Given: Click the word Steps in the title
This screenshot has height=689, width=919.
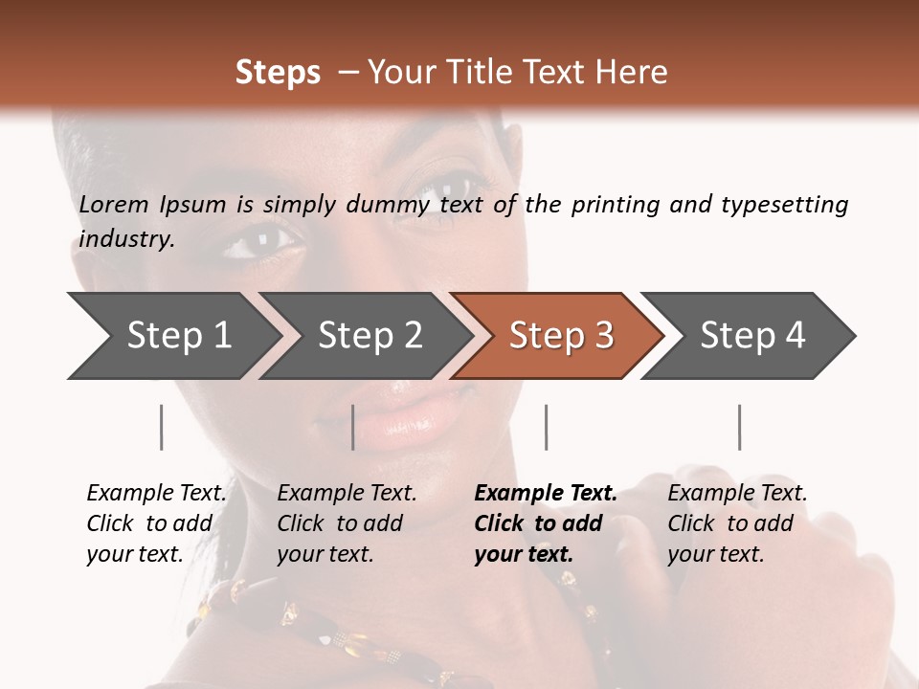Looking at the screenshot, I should (x=278, y=73).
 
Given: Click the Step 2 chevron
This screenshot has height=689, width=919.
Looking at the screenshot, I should (x=369, y=336).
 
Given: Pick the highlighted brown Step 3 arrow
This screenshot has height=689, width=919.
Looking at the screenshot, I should (x=559, y=336).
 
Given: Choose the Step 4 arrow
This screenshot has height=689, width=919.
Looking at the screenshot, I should (x=751, y=336).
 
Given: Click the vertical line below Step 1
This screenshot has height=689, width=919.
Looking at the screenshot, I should (x=162, y=427).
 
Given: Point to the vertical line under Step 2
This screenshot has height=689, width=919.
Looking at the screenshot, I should (x=353, y=427).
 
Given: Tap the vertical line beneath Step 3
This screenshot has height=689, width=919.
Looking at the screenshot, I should (x=546, y=427).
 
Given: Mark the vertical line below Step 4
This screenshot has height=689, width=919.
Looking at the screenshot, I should (x=739, y=427).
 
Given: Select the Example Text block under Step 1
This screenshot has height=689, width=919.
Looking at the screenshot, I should (x=156, y=523).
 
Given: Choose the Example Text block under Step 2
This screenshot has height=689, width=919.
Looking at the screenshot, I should (x=347, y=523).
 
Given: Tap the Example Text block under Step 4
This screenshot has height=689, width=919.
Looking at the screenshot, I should (x=736, y=523).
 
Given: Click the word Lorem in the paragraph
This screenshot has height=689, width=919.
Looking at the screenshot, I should (x=114, y=205).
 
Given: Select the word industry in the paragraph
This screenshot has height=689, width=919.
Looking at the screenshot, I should (x=125, y=239).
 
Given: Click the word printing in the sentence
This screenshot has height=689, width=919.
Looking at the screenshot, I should (x=614, y=205).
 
